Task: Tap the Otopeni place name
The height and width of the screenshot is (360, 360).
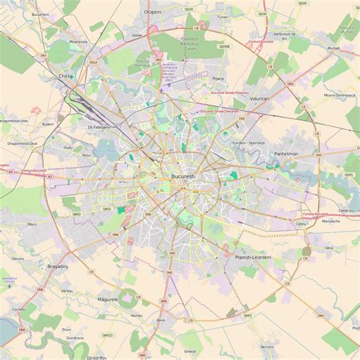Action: coord(153,12)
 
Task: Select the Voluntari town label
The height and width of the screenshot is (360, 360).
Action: coord(261,99)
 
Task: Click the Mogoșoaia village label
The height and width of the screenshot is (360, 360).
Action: coord(78,42)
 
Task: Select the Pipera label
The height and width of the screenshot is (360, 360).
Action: coord(219,78)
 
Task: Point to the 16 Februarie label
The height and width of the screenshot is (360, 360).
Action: coord(99,127)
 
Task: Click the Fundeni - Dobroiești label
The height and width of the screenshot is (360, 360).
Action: coord(249,143)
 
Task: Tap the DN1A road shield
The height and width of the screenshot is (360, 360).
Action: coord(93,62)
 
